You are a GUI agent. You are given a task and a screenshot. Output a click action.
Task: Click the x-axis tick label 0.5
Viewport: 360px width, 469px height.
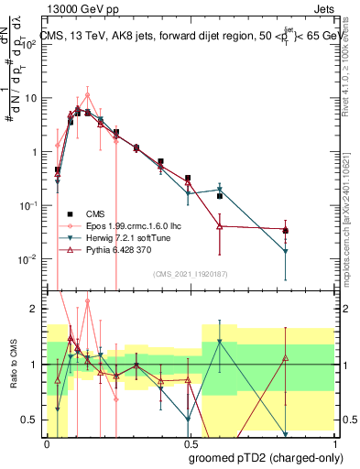(x=189, y=442)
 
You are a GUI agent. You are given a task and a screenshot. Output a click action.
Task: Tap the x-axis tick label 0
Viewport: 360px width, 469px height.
(x=47, y=442)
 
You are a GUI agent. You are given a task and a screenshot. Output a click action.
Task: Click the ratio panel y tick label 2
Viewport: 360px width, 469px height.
(x=35, y=309)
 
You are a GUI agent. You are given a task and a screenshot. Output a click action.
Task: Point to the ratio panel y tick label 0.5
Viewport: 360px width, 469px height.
(x=30, y=420)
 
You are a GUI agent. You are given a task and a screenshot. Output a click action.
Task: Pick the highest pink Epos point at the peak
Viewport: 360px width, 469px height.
(x=87, y=94)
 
